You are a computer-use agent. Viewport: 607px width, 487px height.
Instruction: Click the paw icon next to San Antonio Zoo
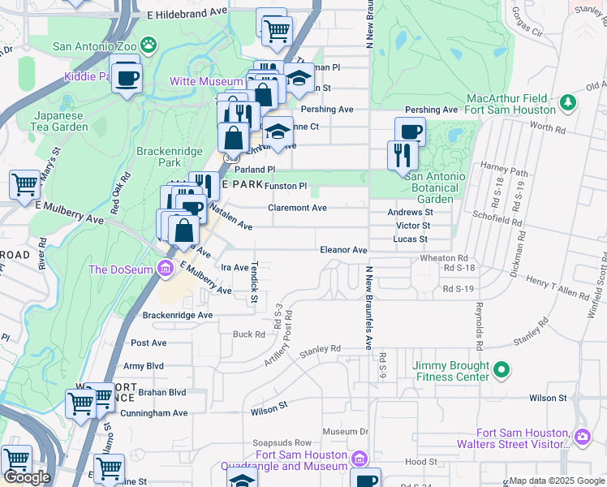point(149,44)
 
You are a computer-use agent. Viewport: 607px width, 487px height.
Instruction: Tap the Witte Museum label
point(205,81)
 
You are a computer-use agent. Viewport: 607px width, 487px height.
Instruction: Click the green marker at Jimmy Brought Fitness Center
point(502,371)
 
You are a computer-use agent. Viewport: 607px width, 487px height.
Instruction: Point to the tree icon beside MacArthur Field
point(569,101)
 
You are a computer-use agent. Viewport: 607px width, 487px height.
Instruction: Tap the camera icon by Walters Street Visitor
point(582,437)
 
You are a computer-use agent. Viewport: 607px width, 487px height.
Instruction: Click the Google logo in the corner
point(27,477)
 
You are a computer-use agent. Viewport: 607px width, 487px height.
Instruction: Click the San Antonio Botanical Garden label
point(435,187)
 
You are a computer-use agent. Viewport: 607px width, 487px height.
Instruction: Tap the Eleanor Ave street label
point(343,250)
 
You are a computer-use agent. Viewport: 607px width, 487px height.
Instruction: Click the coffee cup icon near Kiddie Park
point(126,79)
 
